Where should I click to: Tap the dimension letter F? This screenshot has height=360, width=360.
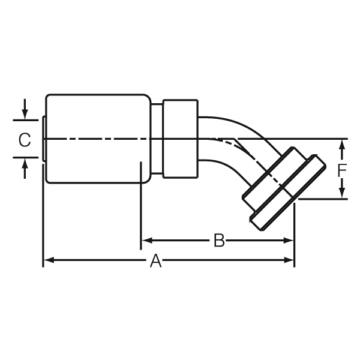tap(342, 169)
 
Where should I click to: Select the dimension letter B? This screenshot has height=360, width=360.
tap(220, 241)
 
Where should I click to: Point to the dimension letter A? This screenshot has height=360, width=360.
tap(156, 260)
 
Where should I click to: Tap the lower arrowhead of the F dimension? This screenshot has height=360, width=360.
tap(342, 194)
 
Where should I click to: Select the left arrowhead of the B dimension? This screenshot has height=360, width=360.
tap(145, 241)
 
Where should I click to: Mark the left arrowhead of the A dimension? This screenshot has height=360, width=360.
tap(48, 260)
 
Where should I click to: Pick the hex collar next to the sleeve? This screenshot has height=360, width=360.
tap(180, 138)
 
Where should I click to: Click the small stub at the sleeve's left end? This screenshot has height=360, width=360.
tap(44, 139)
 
